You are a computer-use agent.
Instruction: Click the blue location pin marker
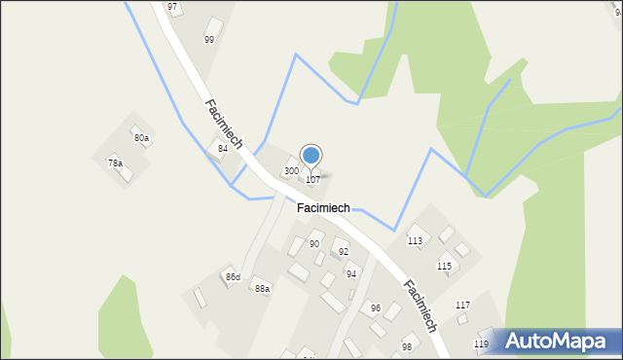pos(311,156)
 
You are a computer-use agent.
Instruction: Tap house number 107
pos(312,180)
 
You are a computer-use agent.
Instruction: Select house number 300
pos(291,170)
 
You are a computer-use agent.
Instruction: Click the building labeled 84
pos(223,148)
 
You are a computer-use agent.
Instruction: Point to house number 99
pos(209,39)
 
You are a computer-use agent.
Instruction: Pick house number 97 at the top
pos(172,7)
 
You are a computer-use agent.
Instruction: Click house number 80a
pos(142,138)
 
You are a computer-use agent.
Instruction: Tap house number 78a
pos(115,162)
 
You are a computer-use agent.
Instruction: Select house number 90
pos(314,243)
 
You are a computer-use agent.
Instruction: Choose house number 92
pos(343,251)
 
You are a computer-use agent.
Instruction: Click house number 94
pos(351,273)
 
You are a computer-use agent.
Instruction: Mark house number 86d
pos(233,277)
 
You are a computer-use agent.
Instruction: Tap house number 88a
pos(262,288)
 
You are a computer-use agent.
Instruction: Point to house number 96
pos(376,308)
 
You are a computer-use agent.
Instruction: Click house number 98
pos(407,346)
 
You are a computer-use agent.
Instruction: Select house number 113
pos(415,240)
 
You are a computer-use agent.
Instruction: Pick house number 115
pos(444,266)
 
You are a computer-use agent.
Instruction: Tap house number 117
pos(462,306)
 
